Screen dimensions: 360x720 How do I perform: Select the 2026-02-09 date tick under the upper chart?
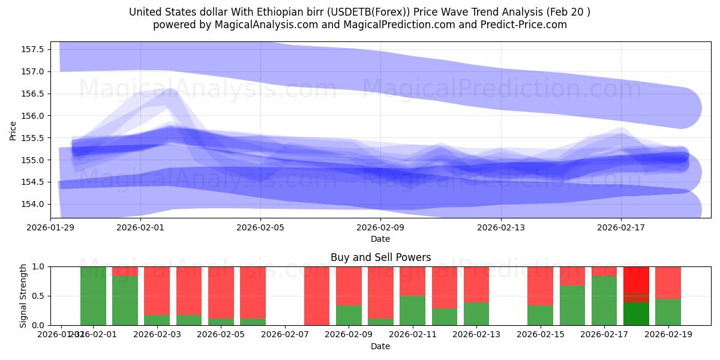[x=380, y=227]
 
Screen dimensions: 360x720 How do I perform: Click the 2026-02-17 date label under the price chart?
[x=620, y=227]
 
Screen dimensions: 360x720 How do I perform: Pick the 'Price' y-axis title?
[x=13, y=130]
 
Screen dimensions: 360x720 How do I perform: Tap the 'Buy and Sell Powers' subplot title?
[x=380, y=257]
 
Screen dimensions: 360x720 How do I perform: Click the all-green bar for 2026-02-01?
[x=93, y=296]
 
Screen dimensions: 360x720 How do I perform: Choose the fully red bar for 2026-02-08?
[x=317, y=296]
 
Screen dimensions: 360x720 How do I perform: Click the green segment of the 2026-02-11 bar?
[x=413, y=310]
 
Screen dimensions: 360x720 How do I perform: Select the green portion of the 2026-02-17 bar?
[x=604, y=301]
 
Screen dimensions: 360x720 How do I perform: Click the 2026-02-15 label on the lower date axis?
[x=541, y=334]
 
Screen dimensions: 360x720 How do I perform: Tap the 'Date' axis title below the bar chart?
[x=380, y=346]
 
